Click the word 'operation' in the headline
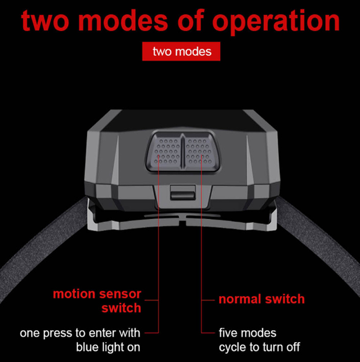[276, 22]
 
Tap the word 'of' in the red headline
[190, 20]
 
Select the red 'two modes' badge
[181, 51]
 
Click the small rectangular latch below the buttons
[183, 192]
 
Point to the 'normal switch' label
[261, 299]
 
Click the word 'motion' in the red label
[74, 294]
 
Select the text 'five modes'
[248, 333]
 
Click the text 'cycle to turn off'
[259, 347]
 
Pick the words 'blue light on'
[108, 347]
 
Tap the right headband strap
[321, 245]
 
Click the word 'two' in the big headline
[45, 21]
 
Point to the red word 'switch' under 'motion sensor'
[122, 308]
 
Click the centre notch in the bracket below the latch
[182, 221]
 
